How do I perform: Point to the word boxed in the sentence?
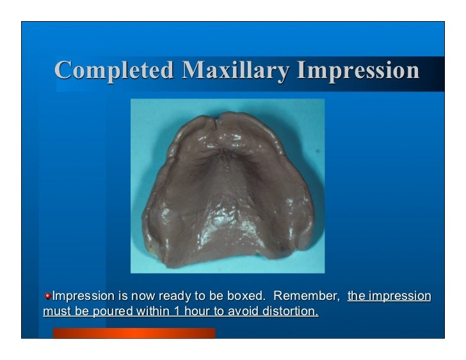(x=245, y=296)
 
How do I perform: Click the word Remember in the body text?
(x=306, y=296)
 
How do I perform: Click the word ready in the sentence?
(x=166, y=296)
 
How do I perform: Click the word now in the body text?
(x=134, y=296)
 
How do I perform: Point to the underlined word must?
(x=56, y=312)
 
